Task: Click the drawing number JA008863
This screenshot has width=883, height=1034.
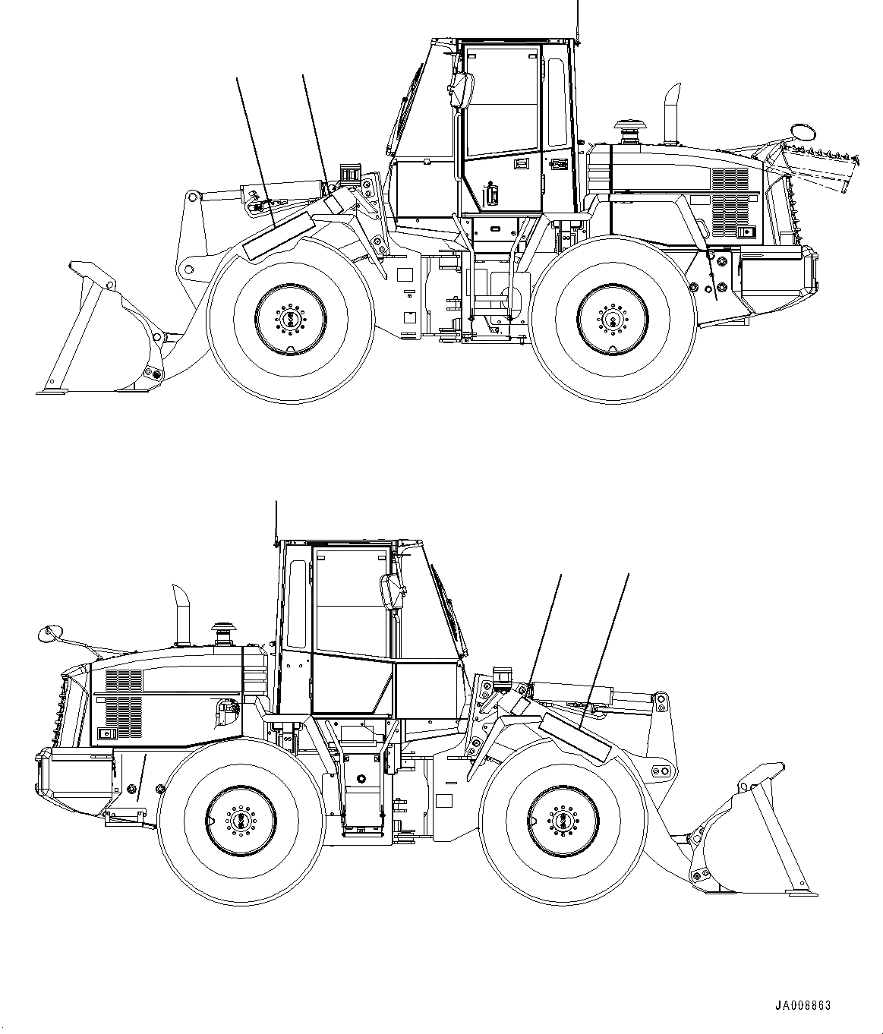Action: coord(803,1005)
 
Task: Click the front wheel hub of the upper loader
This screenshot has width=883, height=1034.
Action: coord(291,319)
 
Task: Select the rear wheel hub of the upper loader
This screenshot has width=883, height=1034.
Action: coord(613,319)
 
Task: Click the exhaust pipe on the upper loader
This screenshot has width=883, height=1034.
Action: coord(670,114)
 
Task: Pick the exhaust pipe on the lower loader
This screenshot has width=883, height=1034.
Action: coord(182,614)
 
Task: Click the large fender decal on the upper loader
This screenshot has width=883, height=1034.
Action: coord(277,236)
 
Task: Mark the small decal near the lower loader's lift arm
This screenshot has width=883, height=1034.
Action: coord(522,703)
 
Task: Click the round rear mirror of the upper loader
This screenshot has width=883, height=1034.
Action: coord(802,131)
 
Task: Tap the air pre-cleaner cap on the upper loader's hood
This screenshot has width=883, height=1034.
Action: coord(629,126)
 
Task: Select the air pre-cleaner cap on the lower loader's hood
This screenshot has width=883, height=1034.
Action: coord(222,628)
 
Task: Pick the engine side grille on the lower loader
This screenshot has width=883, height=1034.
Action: coord(123,706)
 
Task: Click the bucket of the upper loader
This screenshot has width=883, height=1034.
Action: coord(106,334)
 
